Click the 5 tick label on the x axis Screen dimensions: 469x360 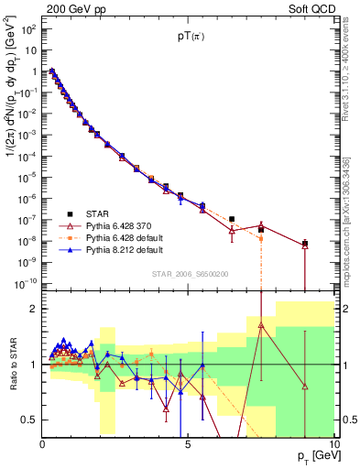(188, 444)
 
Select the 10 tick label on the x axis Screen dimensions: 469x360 (333, 444)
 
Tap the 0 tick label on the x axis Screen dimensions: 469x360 (42, 444)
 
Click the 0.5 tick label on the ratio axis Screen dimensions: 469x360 (27, 420)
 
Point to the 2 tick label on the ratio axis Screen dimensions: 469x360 (33, 309)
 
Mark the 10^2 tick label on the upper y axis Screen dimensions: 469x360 (27, 29)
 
